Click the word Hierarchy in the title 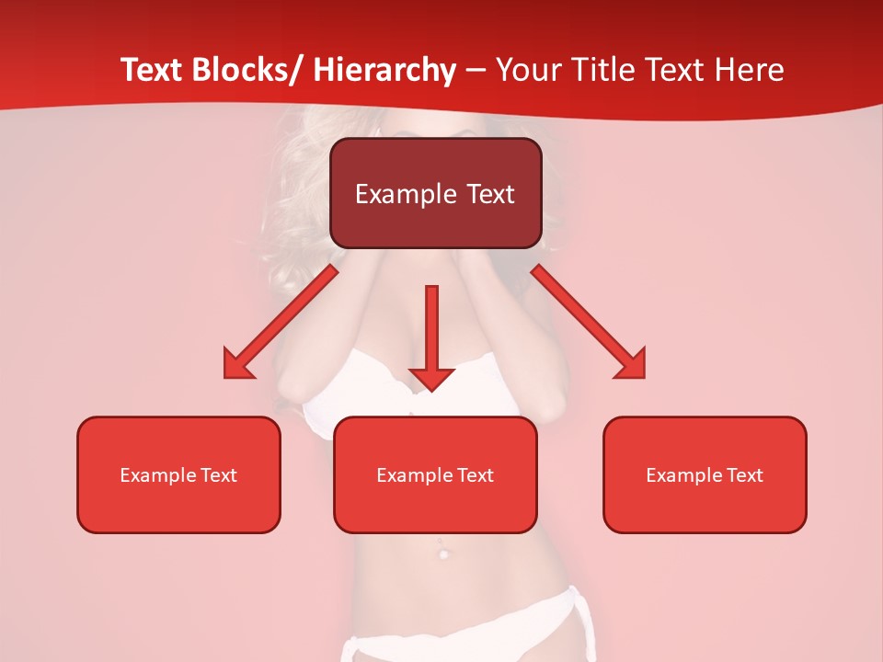[x=384, y=71]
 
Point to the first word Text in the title [x=153, y=71]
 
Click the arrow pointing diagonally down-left [x=285, y=318]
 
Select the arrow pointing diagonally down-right [x=583, y=317]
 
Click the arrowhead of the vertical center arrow [x=431, y=378]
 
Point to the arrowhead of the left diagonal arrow [x=236, y=365]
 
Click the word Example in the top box [x=405, y=194]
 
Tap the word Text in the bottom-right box [x=744, y=475]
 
